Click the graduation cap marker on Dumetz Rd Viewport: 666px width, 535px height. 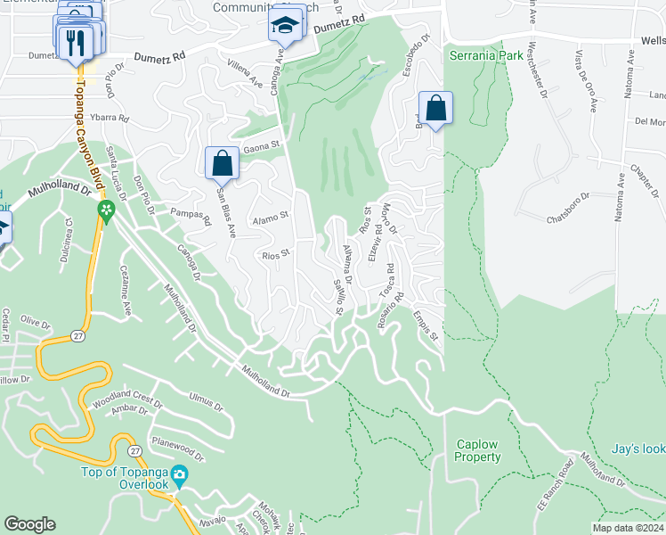pos(286,26)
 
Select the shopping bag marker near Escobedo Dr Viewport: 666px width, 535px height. pos(435,110)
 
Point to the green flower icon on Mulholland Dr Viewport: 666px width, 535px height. pos(106,211)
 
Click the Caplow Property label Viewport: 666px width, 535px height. pos(479,450)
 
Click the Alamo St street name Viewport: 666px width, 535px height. pos(271,217)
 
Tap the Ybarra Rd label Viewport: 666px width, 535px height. pos(111,117)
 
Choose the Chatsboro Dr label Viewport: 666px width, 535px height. pos(567,205)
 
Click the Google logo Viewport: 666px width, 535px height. pos(29,524)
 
